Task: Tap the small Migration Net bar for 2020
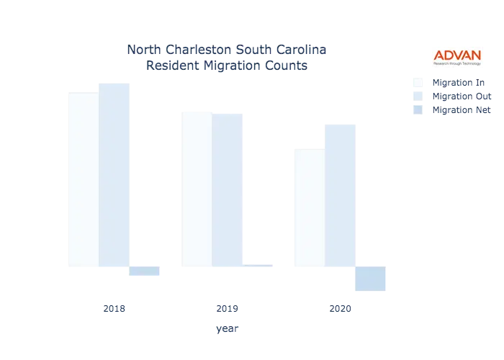tap(144, 271)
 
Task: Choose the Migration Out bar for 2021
tap(230, 190)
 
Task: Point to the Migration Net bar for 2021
tap(260, 265)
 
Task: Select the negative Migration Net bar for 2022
tap(369, 279)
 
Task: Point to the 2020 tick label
tap(115, 309)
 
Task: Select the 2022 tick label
tap(340, 309)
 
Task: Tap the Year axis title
tap(228, 329)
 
